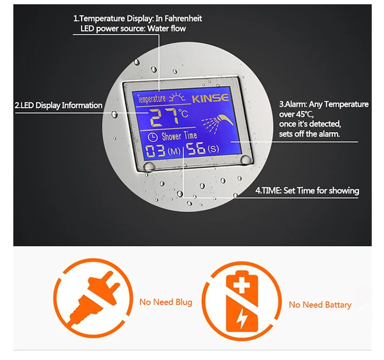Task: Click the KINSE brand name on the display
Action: (210, 98)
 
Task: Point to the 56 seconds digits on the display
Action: (196, 149)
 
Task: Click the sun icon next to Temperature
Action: (175, 98)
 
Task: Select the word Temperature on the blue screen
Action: (151, 99)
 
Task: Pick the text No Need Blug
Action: (165, 302)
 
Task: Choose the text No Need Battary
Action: (320, 305)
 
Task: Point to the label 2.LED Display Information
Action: (59, 105)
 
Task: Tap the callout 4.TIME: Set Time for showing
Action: (307, 190)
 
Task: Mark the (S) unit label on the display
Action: (214, 150)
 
